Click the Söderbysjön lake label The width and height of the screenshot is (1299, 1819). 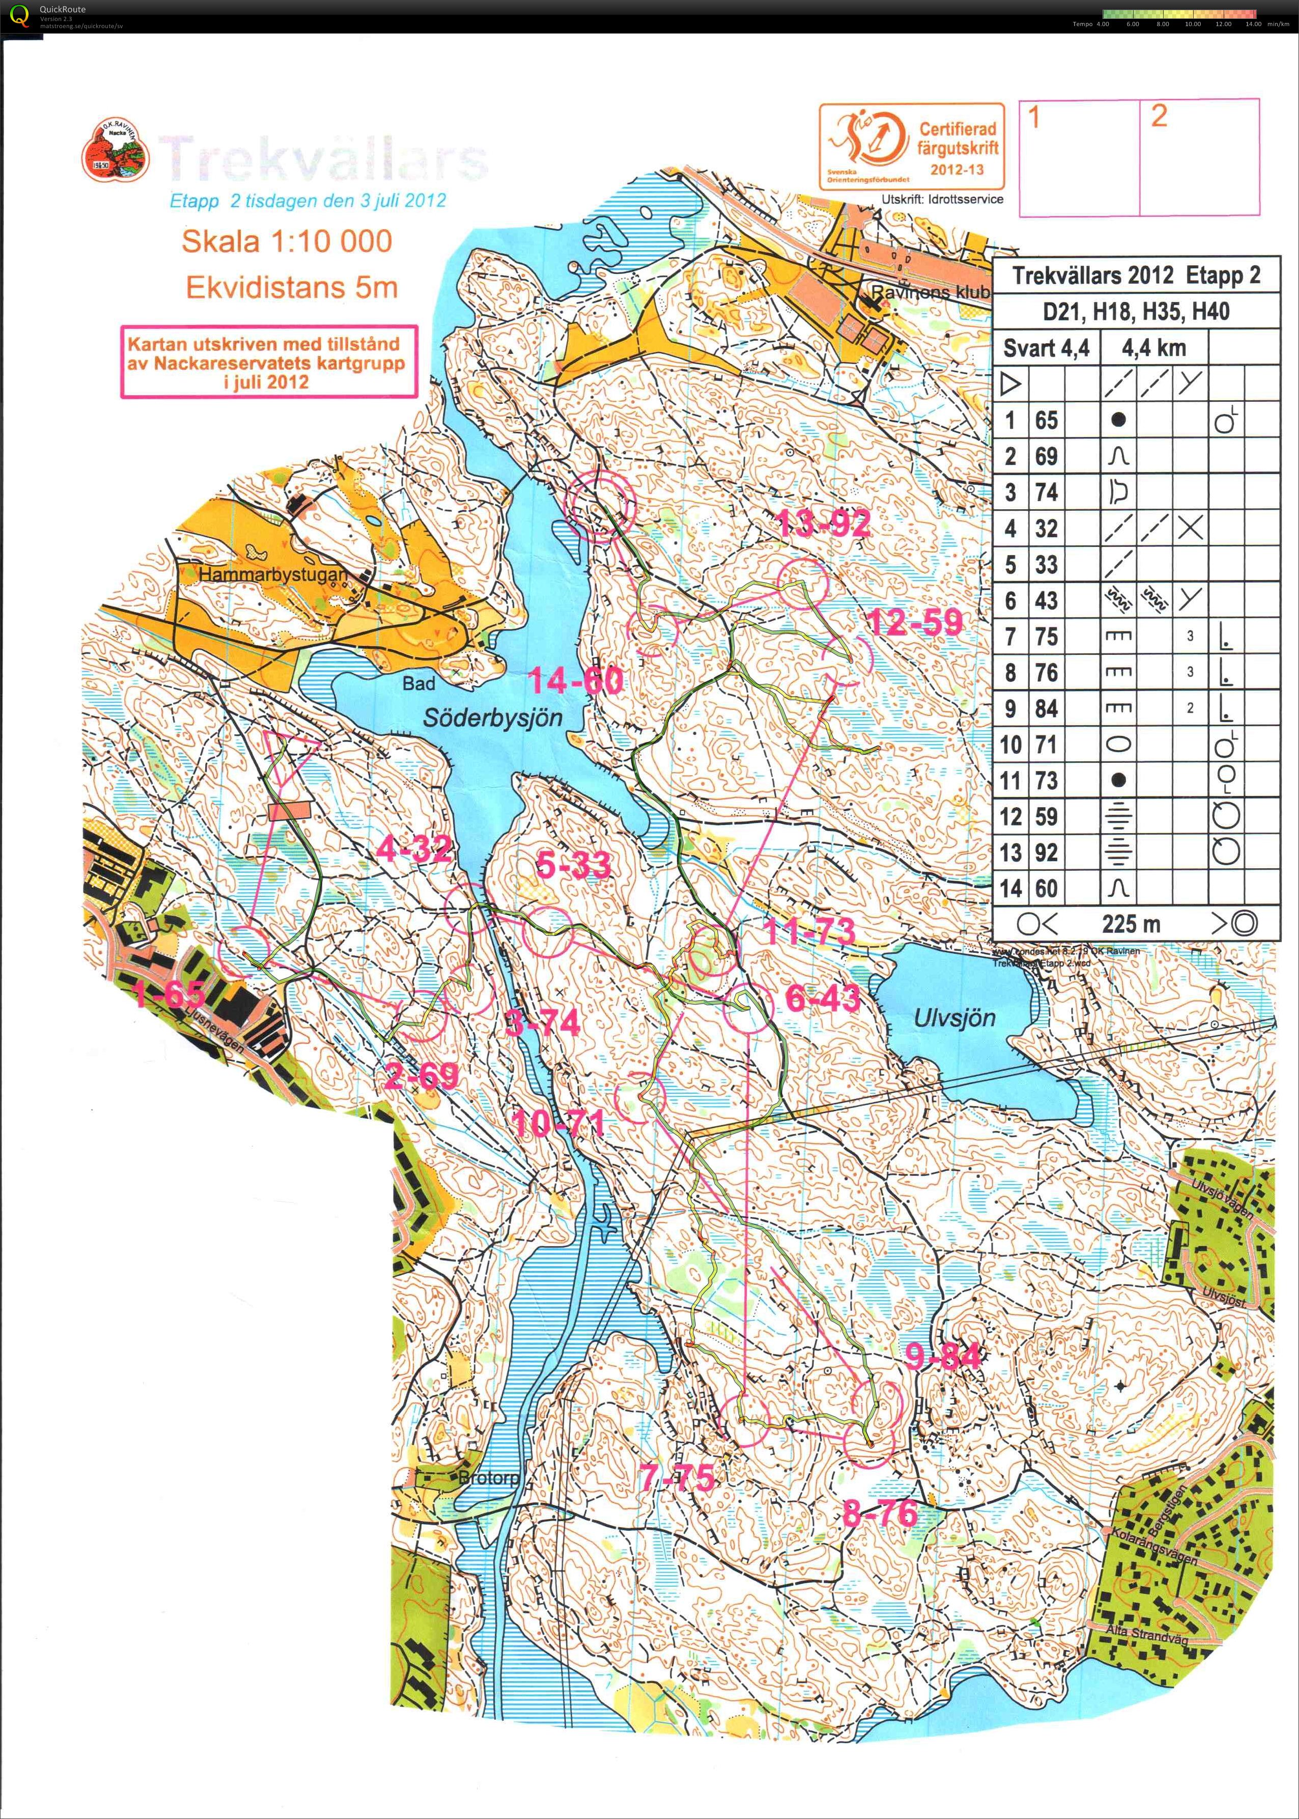[493, 717]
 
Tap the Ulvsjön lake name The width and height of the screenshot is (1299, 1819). [954, 1018]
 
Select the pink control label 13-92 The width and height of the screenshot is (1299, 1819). [824, 523]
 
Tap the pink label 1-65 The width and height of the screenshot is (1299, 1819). [168, 995]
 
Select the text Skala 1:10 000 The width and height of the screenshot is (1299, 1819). [287, 241]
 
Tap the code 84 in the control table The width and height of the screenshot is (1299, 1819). [1046, 708]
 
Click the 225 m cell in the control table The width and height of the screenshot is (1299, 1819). [1130, 924]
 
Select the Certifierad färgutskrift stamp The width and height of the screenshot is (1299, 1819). [911, 147]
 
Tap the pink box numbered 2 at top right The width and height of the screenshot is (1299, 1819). [1199, 157]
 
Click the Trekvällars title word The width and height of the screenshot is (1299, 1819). [323, 158]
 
